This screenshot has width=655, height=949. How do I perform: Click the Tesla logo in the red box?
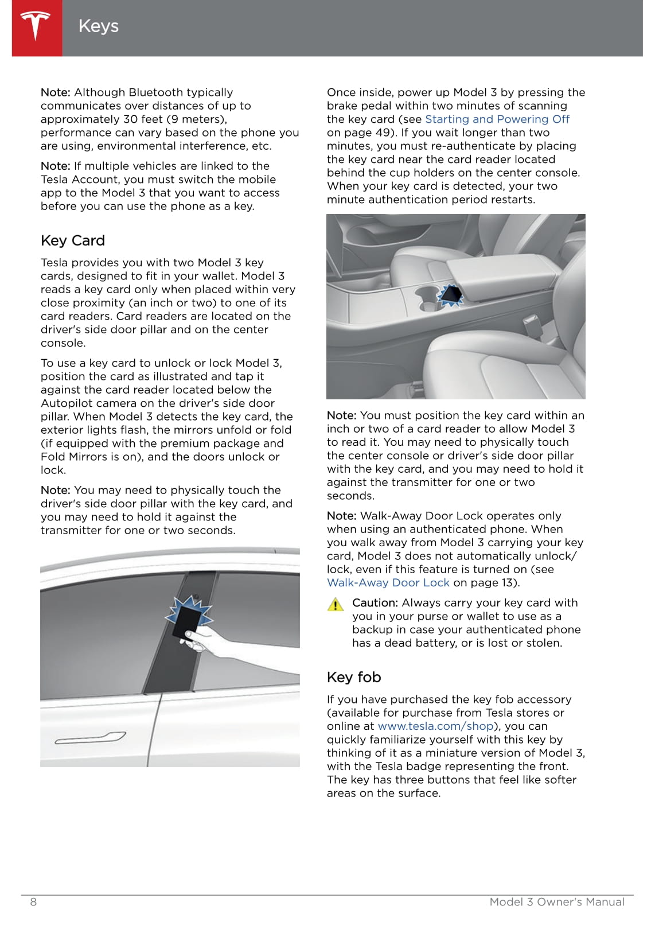(x=36, y=26)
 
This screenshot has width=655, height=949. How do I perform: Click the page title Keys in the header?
(x=99, y=26)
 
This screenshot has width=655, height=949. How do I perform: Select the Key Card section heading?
(x=73, y=240)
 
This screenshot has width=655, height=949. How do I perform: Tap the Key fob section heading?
(x=354, y=677)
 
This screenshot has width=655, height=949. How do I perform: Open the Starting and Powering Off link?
(x=497, y=119)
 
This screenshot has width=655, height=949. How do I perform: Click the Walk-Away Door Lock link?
(x=388, y=583)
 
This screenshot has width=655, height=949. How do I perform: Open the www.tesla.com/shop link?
(x=436, y=726)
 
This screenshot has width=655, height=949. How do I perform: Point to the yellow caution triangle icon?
(x=335, y=604)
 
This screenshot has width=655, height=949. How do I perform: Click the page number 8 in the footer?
(x=33, y=902)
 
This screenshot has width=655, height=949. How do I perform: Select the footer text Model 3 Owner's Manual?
(x=556, y=902)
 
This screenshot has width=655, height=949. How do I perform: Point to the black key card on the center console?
(x=450, y=294)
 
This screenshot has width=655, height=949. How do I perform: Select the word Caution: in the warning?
(x=375, y=603)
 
